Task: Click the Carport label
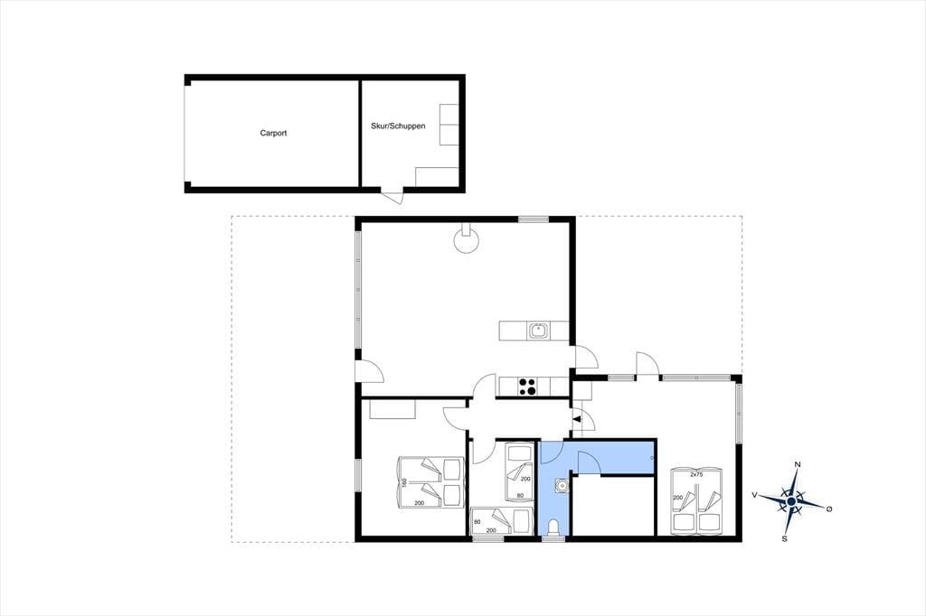pyautogui.click(x=273, y=134)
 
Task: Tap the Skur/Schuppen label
pyautogui.click(x=398, y=126)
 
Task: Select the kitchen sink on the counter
pyautogui.click(x=539, y=331)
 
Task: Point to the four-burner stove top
pyautogui.click(x=528, y=386)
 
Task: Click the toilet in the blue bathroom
pyautogui.click(x=553, y=527)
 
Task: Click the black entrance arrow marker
pyautogui.click(x=577, y=419)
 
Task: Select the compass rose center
pyautogui.click(x=790, y=501)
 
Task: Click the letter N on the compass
pyautogui.click(x=798, y=464)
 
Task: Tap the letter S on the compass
pyautogui.click(x=784, y=538)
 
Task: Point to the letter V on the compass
pyautogui.click(x=754, y=495)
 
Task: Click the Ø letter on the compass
pyautogui.click(x=828, y=508)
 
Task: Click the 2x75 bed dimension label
pyautogui.click(x=696, y=474)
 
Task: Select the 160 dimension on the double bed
pyautogui.click(x=404, y=482)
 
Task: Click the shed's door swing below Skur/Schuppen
pyautogui.click(x=392, y=197)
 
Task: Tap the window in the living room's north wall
pyautogui.click(x=534, y=220)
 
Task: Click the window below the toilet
pyautogui.click(x=553, y=538)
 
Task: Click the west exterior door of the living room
pyautogui.click(x=369, y=371)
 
